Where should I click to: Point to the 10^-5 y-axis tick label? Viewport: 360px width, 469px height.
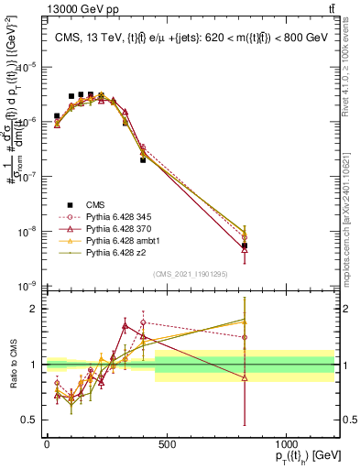coord(28,67)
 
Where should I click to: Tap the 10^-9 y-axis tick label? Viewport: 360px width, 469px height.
coord(28,287)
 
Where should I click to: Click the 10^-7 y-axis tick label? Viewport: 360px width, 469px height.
coord(28,177)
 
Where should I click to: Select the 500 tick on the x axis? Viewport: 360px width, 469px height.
coord(166,444)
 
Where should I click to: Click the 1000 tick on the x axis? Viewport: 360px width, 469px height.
coord(286,444)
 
